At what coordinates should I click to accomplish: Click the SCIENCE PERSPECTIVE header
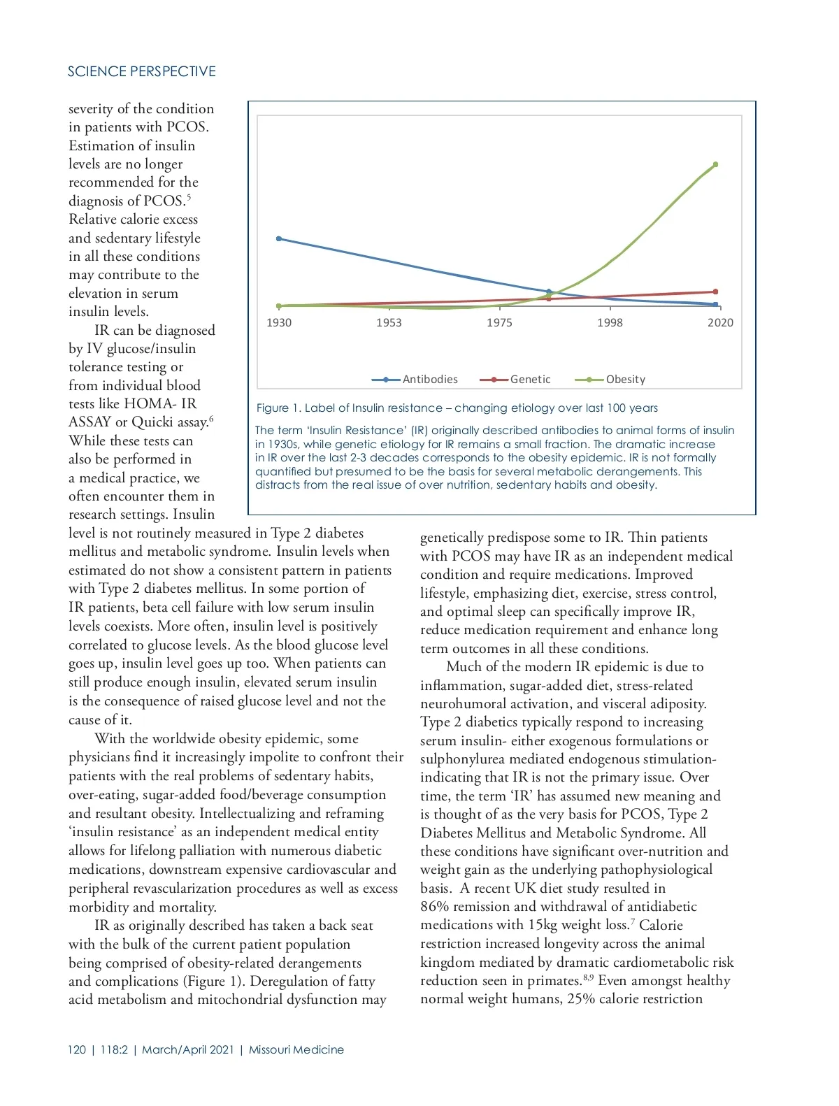pyautogui.click(x=141, y=71)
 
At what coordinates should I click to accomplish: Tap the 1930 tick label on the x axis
pyautogui.click(x=279, y=322)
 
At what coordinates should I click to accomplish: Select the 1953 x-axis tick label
pyautogui.click(x=389, y=322)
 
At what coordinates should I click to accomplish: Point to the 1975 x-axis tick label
pyautogui.click(x=499, y=322)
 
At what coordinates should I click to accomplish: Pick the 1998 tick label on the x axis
pyautogui.click(x=610, y=322)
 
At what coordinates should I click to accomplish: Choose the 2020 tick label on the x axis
pyautogui.click(x=720, y=322)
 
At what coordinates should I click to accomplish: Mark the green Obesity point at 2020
pyautogui.click(x=715, y=165)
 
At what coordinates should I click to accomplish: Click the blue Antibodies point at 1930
pyautogui.click(x=279, y=239)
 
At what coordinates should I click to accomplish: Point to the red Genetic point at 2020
pyautogui.click(x=715, y=292)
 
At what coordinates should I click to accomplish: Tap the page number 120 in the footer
pyautogui.click(x=77, y=1050)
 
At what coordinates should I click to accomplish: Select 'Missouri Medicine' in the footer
pyautogui.click(x=296, y=1050)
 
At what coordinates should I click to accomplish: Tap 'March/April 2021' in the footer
pyautogui.click(x=188, y=1050)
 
